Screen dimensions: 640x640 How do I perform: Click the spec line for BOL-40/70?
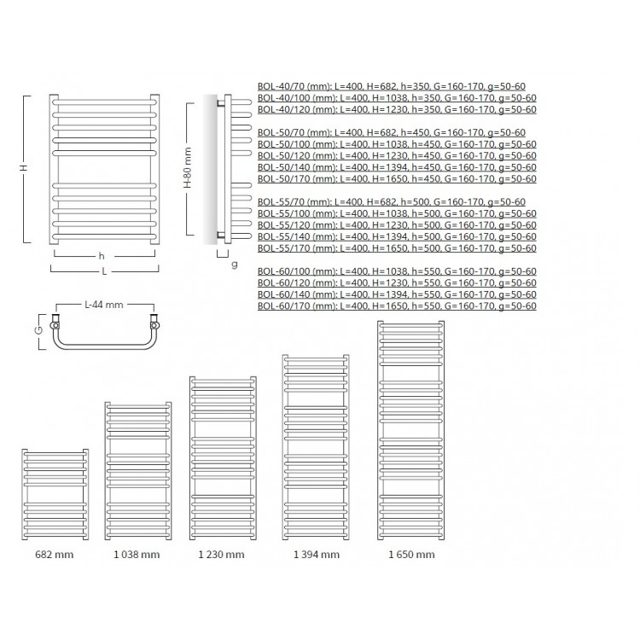(392, 86)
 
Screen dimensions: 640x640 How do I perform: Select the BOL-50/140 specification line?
(397, 167)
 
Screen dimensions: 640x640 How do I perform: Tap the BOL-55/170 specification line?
(397, 248)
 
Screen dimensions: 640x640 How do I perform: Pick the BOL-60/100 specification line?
(397, 271)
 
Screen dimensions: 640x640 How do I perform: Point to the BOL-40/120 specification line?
(397, 109)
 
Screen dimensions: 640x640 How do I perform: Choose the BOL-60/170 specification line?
(397, 306)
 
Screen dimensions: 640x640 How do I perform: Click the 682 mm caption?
(55, 555)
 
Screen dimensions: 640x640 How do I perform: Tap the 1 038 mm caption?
(137, 555)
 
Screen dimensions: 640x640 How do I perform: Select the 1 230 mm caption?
(221, 555)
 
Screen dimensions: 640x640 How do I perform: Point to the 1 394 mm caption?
(317, 555)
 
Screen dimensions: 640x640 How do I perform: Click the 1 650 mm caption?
(411, 555)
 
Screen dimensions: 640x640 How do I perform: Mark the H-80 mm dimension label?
(188, 168)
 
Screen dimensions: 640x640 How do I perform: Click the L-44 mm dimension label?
(103, 305)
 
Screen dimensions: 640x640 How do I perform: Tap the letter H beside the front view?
(25, 168)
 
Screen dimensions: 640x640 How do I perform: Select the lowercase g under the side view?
(235, 265)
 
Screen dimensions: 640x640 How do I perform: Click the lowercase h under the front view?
(102, 256)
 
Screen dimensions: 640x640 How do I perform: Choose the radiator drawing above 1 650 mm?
(411, 430)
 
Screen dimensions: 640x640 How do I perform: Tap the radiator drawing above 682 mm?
(55, 494)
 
